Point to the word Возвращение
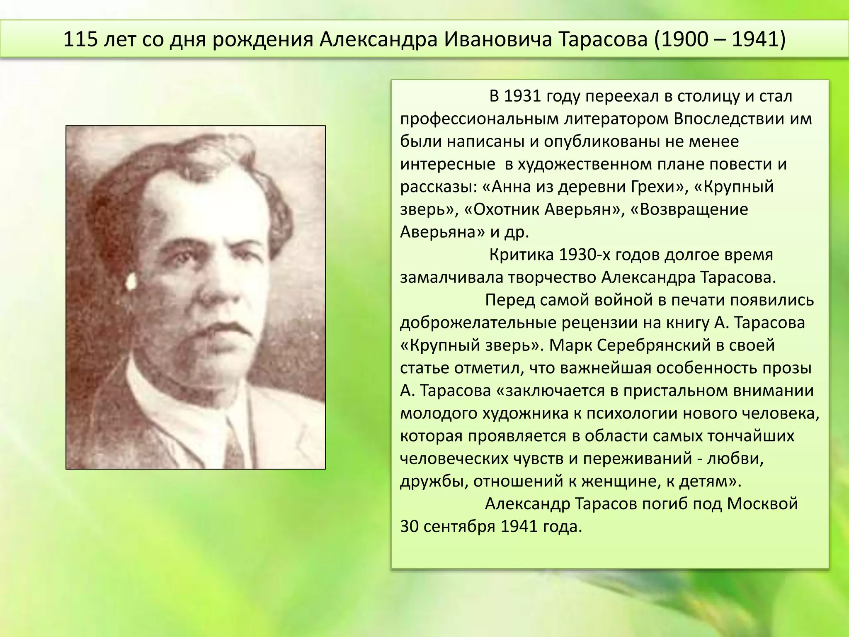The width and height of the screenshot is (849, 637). point(694,209)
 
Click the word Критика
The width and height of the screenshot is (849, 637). point(521,255)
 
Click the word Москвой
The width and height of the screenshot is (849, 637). point(762,504)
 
